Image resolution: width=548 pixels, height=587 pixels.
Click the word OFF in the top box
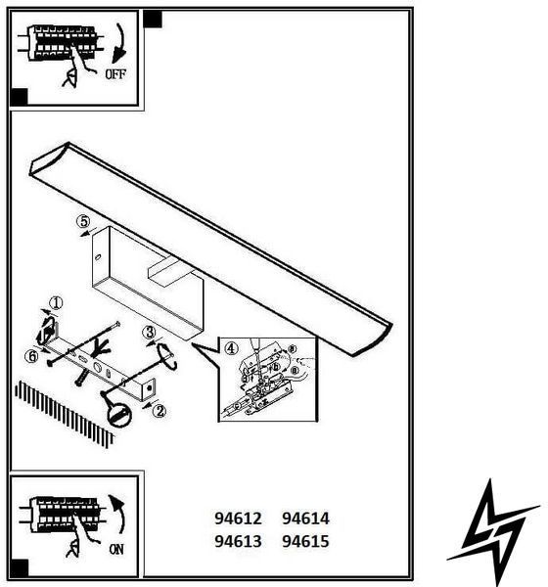(115, 74)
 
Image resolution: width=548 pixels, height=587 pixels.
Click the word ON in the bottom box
(116, 549)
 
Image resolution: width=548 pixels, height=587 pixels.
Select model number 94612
(238, 519)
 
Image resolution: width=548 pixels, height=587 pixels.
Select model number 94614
(305, 519)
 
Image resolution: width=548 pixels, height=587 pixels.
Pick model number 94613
(238, 541)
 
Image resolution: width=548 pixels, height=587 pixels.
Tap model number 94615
(305, 541)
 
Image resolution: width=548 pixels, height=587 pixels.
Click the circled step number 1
(56, 303)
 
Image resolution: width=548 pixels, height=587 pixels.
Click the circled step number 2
(160, 411)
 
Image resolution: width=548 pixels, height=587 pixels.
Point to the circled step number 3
(149, 332)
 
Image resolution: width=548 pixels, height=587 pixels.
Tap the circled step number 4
(231, 348)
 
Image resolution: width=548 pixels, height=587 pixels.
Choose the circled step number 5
(83, 221)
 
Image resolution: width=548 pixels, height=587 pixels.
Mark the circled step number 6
(31, 356)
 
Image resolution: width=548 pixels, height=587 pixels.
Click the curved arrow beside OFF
(121, 43)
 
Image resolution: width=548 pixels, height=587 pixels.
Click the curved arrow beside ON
(119, 513)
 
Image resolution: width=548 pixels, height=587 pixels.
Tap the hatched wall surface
(64, 414)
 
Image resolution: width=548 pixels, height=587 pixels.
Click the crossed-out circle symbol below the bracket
(119, 416)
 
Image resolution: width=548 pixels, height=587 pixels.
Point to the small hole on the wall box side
(98, 257)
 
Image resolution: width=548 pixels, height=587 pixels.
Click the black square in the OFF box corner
(19, 97)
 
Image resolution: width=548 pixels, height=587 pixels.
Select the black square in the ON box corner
(19, 568)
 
